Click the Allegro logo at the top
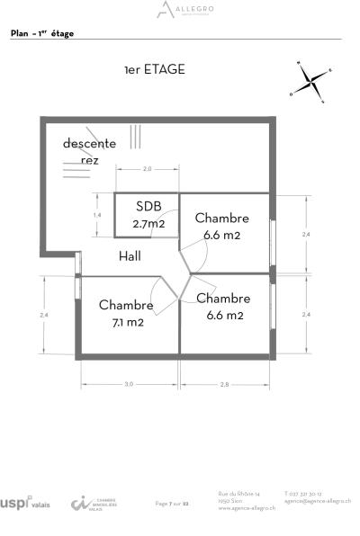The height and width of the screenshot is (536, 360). pyautogui.click(x=180, y=10)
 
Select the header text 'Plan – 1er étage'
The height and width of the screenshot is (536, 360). pyautogui.click(x=42, y=33)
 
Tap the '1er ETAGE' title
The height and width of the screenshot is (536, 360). pyautogui.click(x=155, y=69)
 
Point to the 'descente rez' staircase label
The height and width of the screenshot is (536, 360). pyautogui.click(x=89, y=151)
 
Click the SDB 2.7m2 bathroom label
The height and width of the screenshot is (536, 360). pyautogui.click(x=148, y=216)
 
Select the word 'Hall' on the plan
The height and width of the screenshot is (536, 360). pyautogui.click(x=130, y=256)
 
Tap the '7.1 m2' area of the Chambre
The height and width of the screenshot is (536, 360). pyautogui.click(x=126, y=321)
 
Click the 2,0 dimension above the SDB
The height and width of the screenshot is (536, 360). pyautogui.click(x=148, y=168)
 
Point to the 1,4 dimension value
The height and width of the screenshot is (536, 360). pyautogui.click(x=97, y=216)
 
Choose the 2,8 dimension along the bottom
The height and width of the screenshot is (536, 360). pyautogui.click(x=224, y=384)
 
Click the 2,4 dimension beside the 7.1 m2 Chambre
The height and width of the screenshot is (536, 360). pyautogui.click(x=42, y=315)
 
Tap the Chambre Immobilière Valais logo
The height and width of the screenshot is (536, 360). pyautogui.click(x=94, y=503)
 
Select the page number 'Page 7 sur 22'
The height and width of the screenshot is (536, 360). pyautogui.click(x=173, y=504)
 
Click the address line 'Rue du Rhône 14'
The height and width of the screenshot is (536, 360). pyautogui.click(x=238, y=494)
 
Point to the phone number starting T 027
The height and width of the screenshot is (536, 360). pyautogui.click(x=302, y=494)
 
